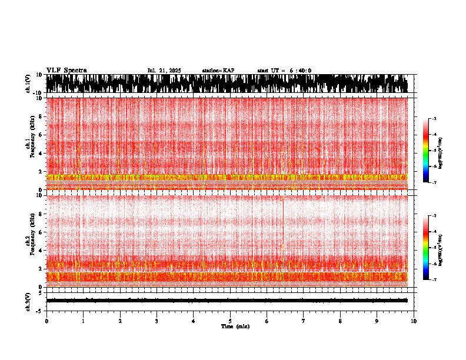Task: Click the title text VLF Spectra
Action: click(x=66, y=70)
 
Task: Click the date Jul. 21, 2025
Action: click(x=164, y=71)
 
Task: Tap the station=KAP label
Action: click(x=218, y=71)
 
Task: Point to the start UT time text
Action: click(x=284, y=71)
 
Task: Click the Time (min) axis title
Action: click(x=235, y=326)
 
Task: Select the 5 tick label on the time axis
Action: click(x=230, y=321)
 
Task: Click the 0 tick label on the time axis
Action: click(x=46, y=321)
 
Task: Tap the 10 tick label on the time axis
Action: click(x=414, y=321)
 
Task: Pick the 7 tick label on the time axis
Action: click(x=304, y=321)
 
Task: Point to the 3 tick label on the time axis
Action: click(x=157, y=321)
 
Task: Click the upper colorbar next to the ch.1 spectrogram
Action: click(x=425, y=151)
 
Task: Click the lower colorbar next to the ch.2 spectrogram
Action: click(x=425, y=248)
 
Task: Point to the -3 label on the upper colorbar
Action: click(x=433, y=119)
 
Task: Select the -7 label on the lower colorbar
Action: click(x=433, y=279)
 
